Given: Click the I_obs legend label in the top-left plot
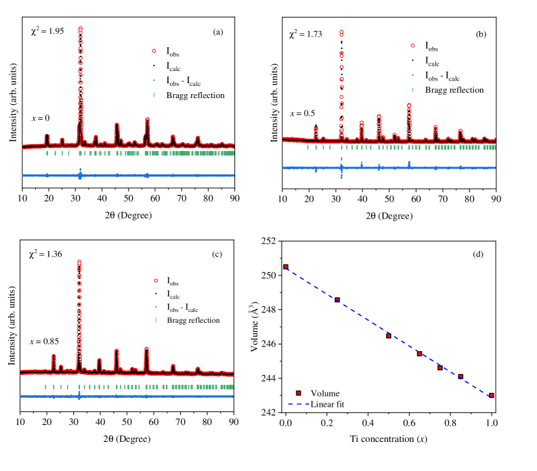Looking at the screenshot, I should pyautogui.click(x=173, y=52).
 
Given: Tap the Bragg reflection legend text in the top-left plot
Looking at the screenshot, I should pyautogui.click(x=195, y=95).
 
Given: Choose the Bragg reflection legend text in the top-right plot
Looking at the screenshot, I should pyautogui.click(x=454, y=90).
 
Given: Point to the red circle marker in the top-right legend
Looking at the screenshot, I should pyautogui.click(x=412, y=46).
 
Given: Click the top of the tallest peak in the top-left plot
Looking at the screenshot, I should pyautogui.click(x=81, y=28).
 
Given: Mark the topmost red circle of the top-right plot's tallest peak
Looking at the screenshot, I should pyautogui.click(x=341, y=32).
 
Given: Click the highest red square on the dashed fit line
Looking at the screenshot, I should pyautogui.click(x=286, y=267).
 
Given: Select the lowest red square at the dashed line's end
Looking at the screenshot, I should pyautogui.click(x=492, y=395).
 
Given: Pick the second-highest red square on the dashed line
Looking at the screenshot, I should pyautogui.click(x=337, y=300).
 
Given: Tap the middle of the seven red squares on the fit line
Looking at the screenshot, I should pyautogui.click(x=419, y=354).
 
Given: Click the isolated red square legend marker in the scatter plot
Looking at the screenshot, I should pyautogui.click(x=299, y=393).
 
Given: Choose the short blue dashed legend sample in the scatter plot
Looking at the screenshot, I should pyautogui.click(x=299, y=405).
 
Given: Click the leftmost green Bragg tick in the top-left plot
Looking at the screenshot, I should pyautogui.click(x=47, y=154).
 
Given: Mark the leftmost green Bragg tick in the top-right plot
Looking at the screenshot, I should pyautogui.click(x=307, y=147).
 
